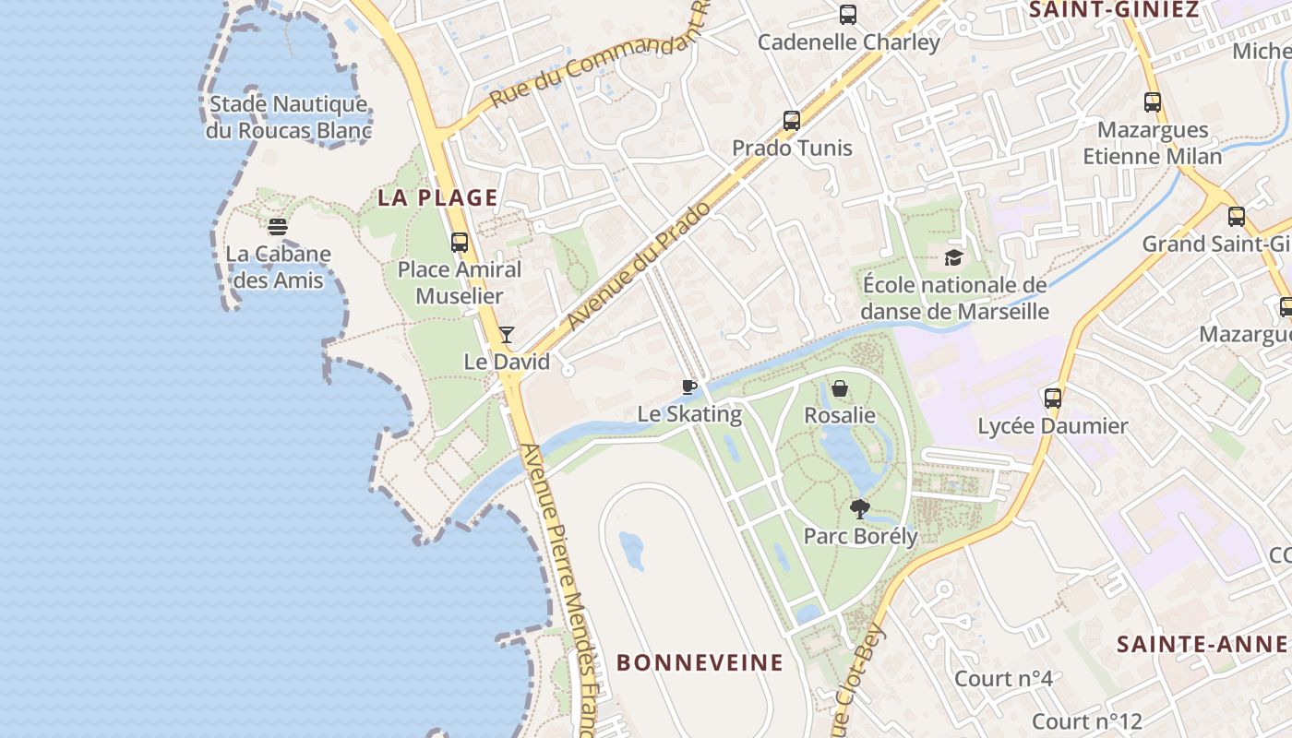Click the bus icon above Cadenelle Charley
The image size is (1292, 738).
click(x=848, y=15)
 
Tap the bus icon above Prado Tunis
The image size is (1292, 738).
click(x=791, y=121)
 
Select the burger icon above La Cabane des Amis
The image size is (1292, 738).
click(x=278, y=226)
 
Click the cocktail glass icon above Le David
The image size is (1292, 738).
click(x=506, y=334)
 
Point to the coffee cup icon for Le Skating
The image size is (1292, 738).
click(x=688, y=387)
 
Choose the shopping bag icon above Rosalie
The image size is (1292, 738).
click(x=840, y=388)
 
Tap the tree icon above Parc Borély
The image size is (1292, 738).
click(x=860, y=508)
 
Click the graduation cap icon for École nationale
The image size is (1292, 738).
click(x=953, y=257)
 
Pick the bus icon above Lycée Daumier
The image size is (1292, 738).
click(x=1053, y=399)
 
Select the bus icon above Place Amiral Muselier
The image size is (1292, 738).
click(x=460, y=243)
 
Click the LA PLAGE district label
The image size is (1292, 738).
click(x=437, y=197)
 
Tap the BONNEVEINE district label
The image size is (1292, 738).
click(x=700, y=662)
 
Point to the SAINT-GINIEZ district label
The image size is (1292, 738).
click(x=1113, y=10)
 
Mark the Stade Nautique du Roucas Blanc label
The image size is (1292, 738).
click(x=288, y=117)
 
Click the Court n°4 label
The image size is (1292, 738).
click(x=1003, y=679)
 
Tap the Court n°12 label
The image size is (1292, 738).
click(x=1087, y=721)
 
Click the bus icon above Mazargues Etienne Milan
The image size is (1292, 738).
click(x=1152, y=102)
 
